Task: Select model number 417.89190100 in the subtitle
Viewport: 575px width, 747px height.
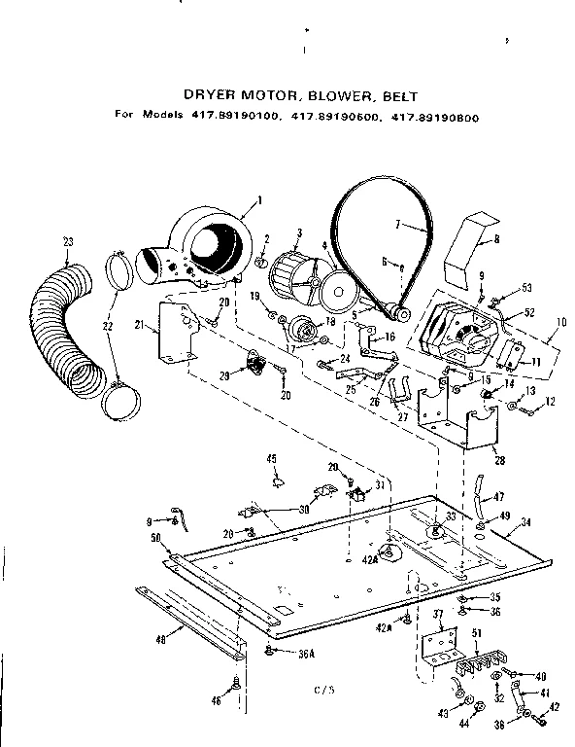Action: coord(232,114)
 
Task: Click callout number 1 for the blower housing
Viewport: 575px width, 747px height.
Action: coord(260,201)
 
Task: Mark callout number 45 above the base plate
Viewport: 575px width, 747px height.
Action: coord(271,458)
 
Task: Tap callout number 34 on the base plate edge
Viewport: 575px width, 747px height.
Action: coord(524,522)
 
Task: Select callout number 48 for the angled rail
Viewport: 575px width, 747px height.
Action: coord(159,640)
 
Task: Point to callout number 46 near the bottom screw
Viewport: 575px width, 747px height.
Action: coord(216,700)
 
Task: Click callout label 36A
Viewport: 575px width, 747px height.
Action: coord(306,654)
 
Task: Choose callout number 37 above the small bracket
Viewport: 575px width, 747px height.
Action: coord(437,614)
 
